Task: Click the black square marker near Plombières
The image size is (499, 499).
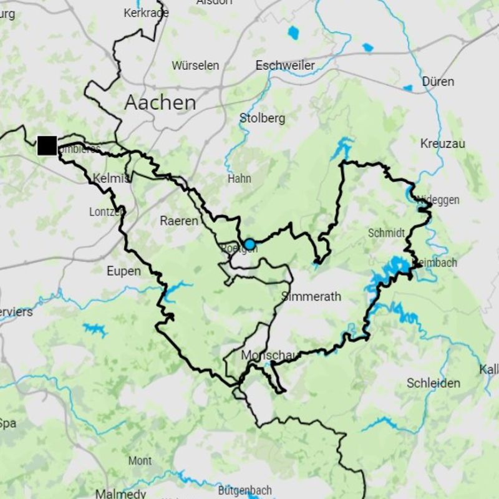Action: click(47, 145)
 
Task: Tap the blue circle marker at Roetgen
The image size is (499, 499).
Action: click(249, 244)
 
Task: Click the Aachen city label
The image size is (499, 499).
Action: click(160, 102)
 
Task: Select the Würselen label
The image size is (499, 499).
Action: click(195, 65)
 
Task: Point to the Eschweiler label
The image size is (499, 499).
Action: click(285, 65)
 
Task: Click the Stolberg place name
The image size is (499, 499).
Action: click(262, 118)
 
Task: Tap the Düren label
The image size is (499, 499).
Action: click(438, 82)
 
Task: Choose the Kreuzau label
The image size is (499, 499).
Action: click(443, 143)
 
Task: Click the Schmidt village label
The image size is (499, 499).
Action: click(386, 233)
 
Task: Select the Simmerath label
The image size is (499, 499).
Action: click(311, 296)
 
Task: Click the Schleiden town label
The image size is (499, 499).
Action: click(434, 383)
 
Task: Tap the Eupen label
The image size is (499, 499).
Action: click(124, 271)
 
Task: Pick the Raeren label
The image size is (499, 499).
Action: click(179, 221)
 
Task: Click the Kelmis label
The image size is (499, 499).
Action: click(110, 178)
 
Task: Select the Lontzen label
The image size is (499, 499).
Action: click(106, 212)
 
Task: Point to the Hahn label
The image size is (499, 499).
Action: click(240, 178)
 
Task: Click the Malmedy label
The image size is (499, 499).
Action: click(120, 493)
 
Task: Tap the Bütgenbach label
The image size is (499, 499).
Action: click(245, 490)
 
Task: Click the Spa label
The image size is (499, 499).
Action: click(7, 424)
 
